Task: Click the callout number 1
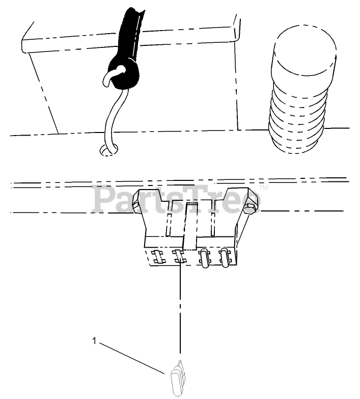[94, 340]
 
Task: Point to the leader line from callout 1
[135, 359]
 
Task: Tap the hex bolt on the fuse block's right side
[250, 209]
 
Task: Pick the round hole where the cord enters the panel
[108, 149]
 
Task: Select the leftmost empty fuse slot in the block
[157, 257]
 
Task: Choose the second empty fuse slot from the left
[180, 257]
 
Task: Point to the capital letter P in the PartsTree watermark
[103, 199]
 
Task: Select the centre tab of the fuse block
[190, 224]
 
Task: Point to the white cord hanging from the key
[109, 117]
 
